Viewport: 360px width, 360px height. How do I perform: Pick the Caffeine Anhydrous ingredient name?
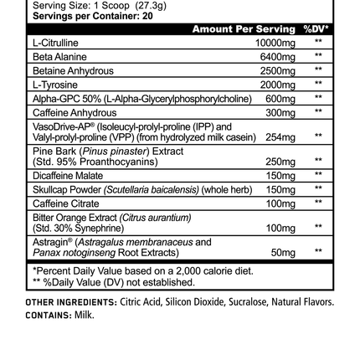[53, 100]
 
